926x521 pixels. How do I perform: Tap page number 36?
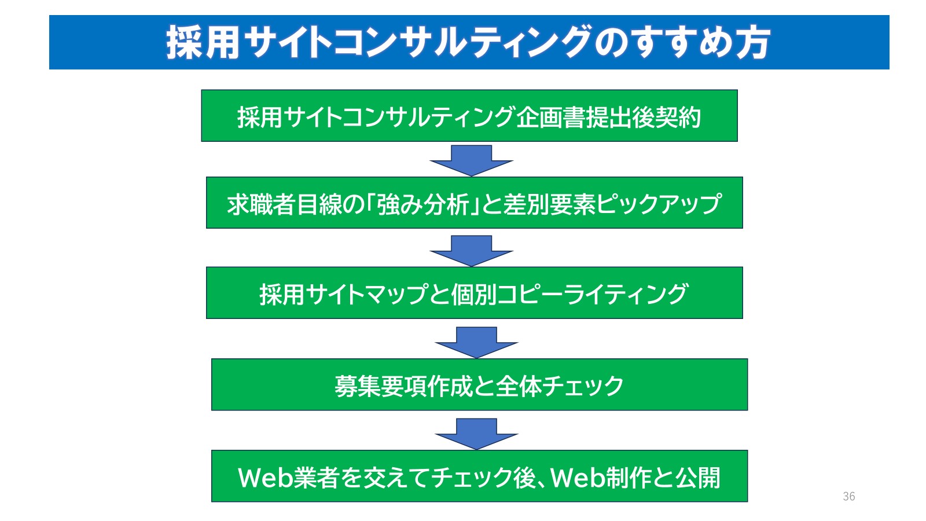848,496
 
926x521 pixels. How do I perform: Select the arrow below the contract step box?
471,160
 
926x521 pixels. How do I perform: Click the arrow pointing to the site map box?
471,250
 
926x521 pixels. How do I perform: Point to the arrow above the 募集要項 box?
476,342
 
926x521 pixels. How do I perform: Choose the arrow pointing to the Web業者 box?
476,433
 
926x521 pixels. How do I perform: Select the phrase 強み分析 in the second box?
422,204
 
